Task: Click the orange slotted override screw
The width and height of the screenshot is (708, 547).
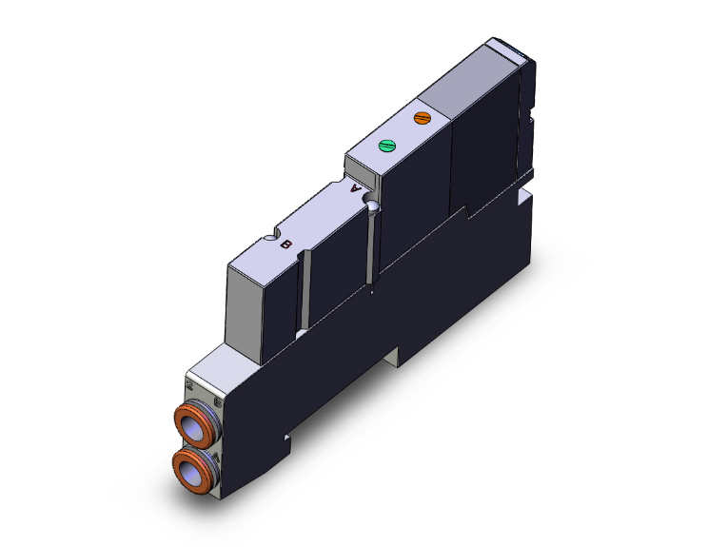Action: [x=423, y=119]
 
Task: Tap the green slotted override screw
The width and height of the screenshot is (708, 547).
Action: [x=386, y=146]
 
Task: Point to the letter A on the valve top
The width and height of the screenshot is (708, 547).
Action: [x=358, y=188]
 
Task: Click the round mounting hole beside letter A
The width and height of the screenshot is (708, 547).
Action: [x=373, y=206]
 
